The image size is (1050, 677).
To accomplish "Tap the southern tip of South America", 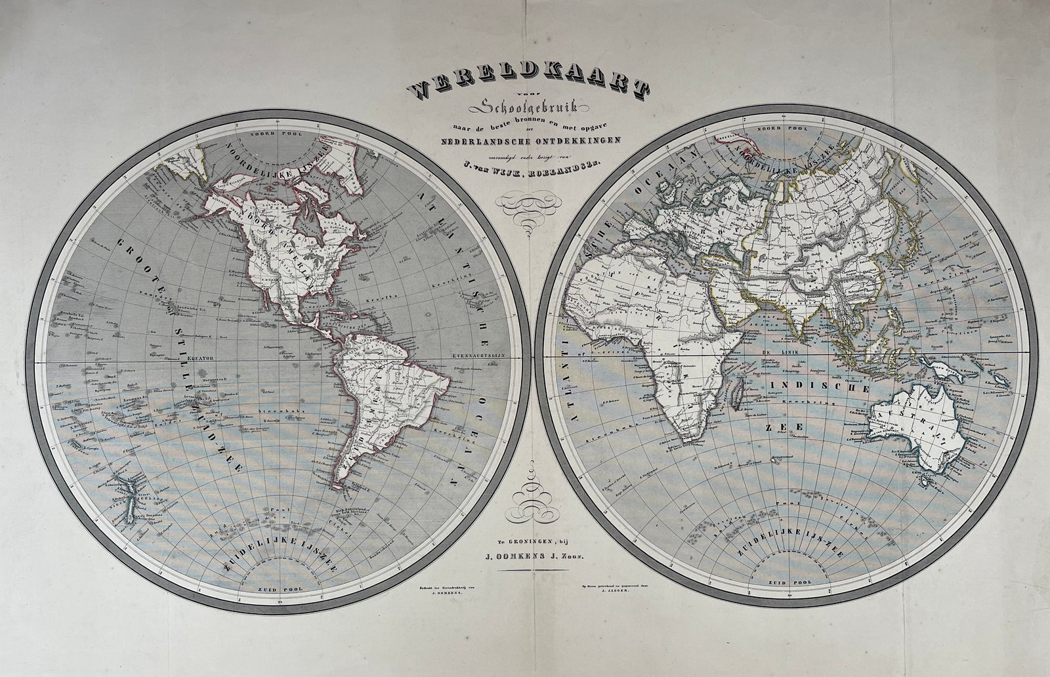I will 337,483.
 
